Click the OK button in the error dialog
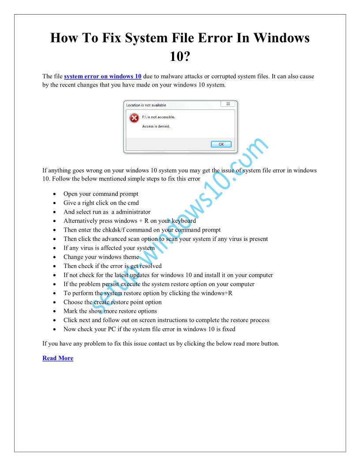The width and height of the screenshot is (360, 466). click(221, 144)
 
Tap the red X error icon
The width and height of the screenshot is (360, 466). click(134, 118)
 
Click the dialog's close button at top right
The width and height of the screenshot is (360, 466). click(228, 104)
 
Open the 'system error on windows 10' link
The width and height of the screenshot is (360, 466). click(102, 76)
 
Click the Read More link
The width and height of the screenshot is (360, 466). click(58, 358)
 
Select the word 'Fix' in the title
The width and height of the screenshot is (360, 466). click(108, 38)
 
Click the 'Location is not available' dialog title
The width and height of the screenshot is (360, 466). click(146, 105)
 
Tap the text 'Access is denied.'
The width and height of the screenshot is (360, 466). click(156, 127)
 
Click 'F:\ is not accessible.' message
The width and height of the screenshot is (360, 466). click(158, 117)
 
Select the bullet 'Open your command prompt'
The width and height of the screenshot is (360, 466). click(101, 194)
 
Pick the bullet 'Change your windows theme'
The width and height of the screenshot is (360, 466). click(101, 257)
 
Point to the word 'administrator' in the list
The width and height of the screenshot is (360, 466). click(133, 212)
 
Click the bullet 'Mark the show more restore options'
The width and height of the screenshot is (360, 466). click(110, 311)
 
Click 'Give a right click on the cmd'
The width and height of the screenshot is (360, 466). click(101, 203)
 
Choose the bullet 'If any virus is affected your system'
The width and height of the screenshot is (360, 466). click(109, 248)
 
